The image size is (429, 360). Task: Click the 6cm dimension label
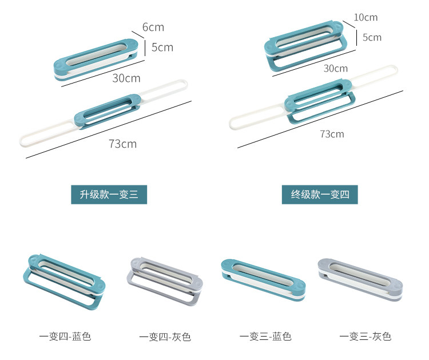coord(153,27)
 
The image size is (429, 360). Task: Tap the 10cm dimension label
coord(366,17)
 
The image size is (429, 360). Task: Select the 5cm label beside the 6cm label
coord(162,47)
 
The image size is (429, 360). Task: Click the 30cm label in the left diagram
coord(126,78)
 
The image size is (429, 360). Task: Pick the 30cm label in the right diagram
coord(335,68)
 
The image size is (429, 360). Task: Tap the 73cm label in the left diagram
coord(122,143)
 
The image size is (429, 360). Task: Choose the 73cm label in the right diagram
coord(332,134)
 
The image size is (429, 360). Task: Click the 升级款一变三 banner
coord(109,195)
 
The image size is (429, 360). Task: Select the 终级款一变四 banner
coord(320,195)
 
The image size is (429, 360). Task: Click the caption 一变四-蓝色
coord(65,337)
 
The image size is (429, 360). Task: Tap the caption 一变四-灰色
coord(165,337)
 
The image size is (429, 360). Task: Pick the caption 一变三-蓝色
coord(265,337)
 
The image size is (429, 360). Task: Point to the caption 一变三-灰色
coord(365,337)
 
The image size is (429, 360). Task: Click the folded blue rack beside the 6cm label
coord(97,59)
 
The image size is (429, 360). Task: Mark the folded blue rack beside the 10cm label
coord(306,48)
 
